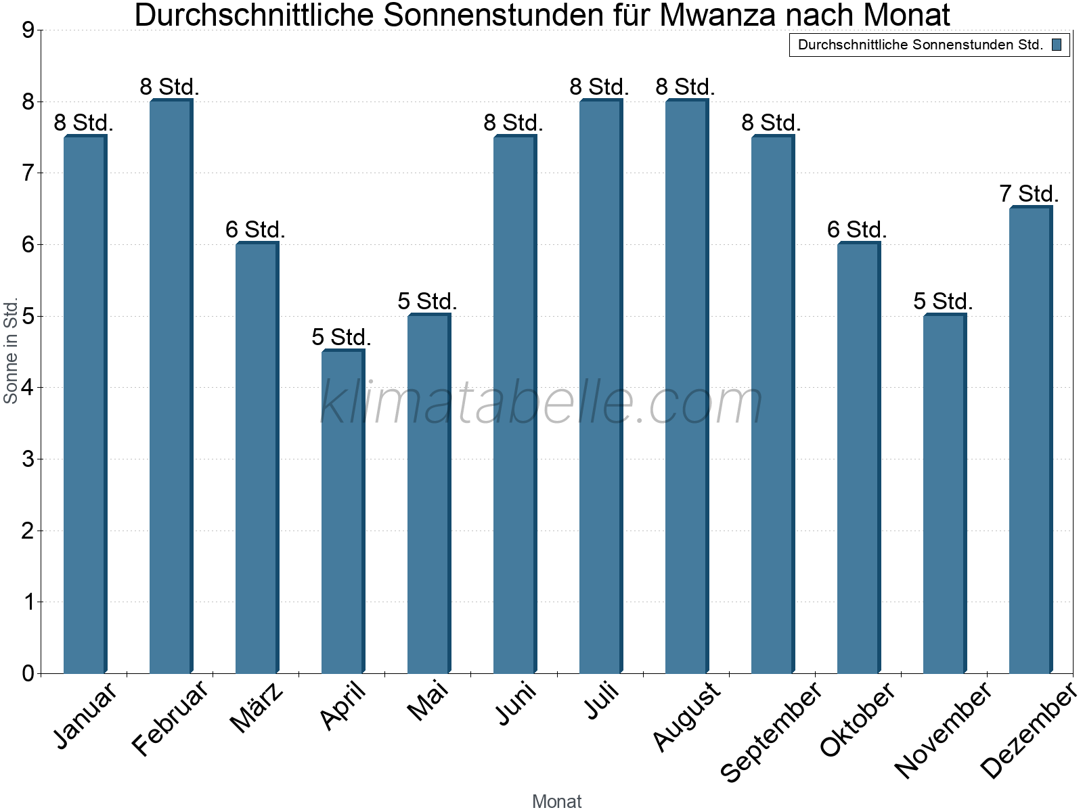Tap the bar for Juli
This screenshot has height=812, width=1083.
coord(600,386)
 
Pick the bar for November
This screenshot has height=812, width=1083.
coord(944,493)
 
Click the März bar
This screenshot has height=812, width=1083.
coord(256,458)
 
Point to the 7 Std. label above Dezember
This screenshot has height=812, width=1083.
coord(1029,194)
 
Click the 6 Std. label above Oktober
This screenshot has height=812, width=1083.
coord(857,230)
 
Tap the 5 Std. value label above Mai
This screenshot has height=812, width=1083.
coord(427,301)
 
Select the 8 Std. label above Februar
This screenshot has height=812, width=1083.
coord(169,87)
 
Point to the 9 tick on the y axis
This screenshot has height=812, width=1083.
coord(28,30)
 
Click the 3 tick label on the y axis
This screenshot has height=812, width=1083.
coord(28,459)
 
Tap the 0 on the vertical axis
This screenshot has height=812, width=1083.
coord(28,673)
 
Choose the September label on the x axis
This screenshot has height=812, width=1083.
coord(771,732)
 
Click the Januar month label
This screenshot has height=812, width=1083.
coord(86,716)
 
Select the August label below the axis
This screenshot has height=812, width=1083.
coord(686,717)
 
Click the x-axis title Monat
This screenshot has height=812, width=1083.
coord(556,801)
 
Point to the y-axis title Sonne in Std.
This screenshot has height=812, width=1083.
coord(11,351)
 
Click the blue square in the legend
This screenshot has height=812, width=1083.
coord(1057,45)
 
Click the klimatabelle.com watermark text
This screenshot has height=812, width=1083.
coord(541,403)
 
